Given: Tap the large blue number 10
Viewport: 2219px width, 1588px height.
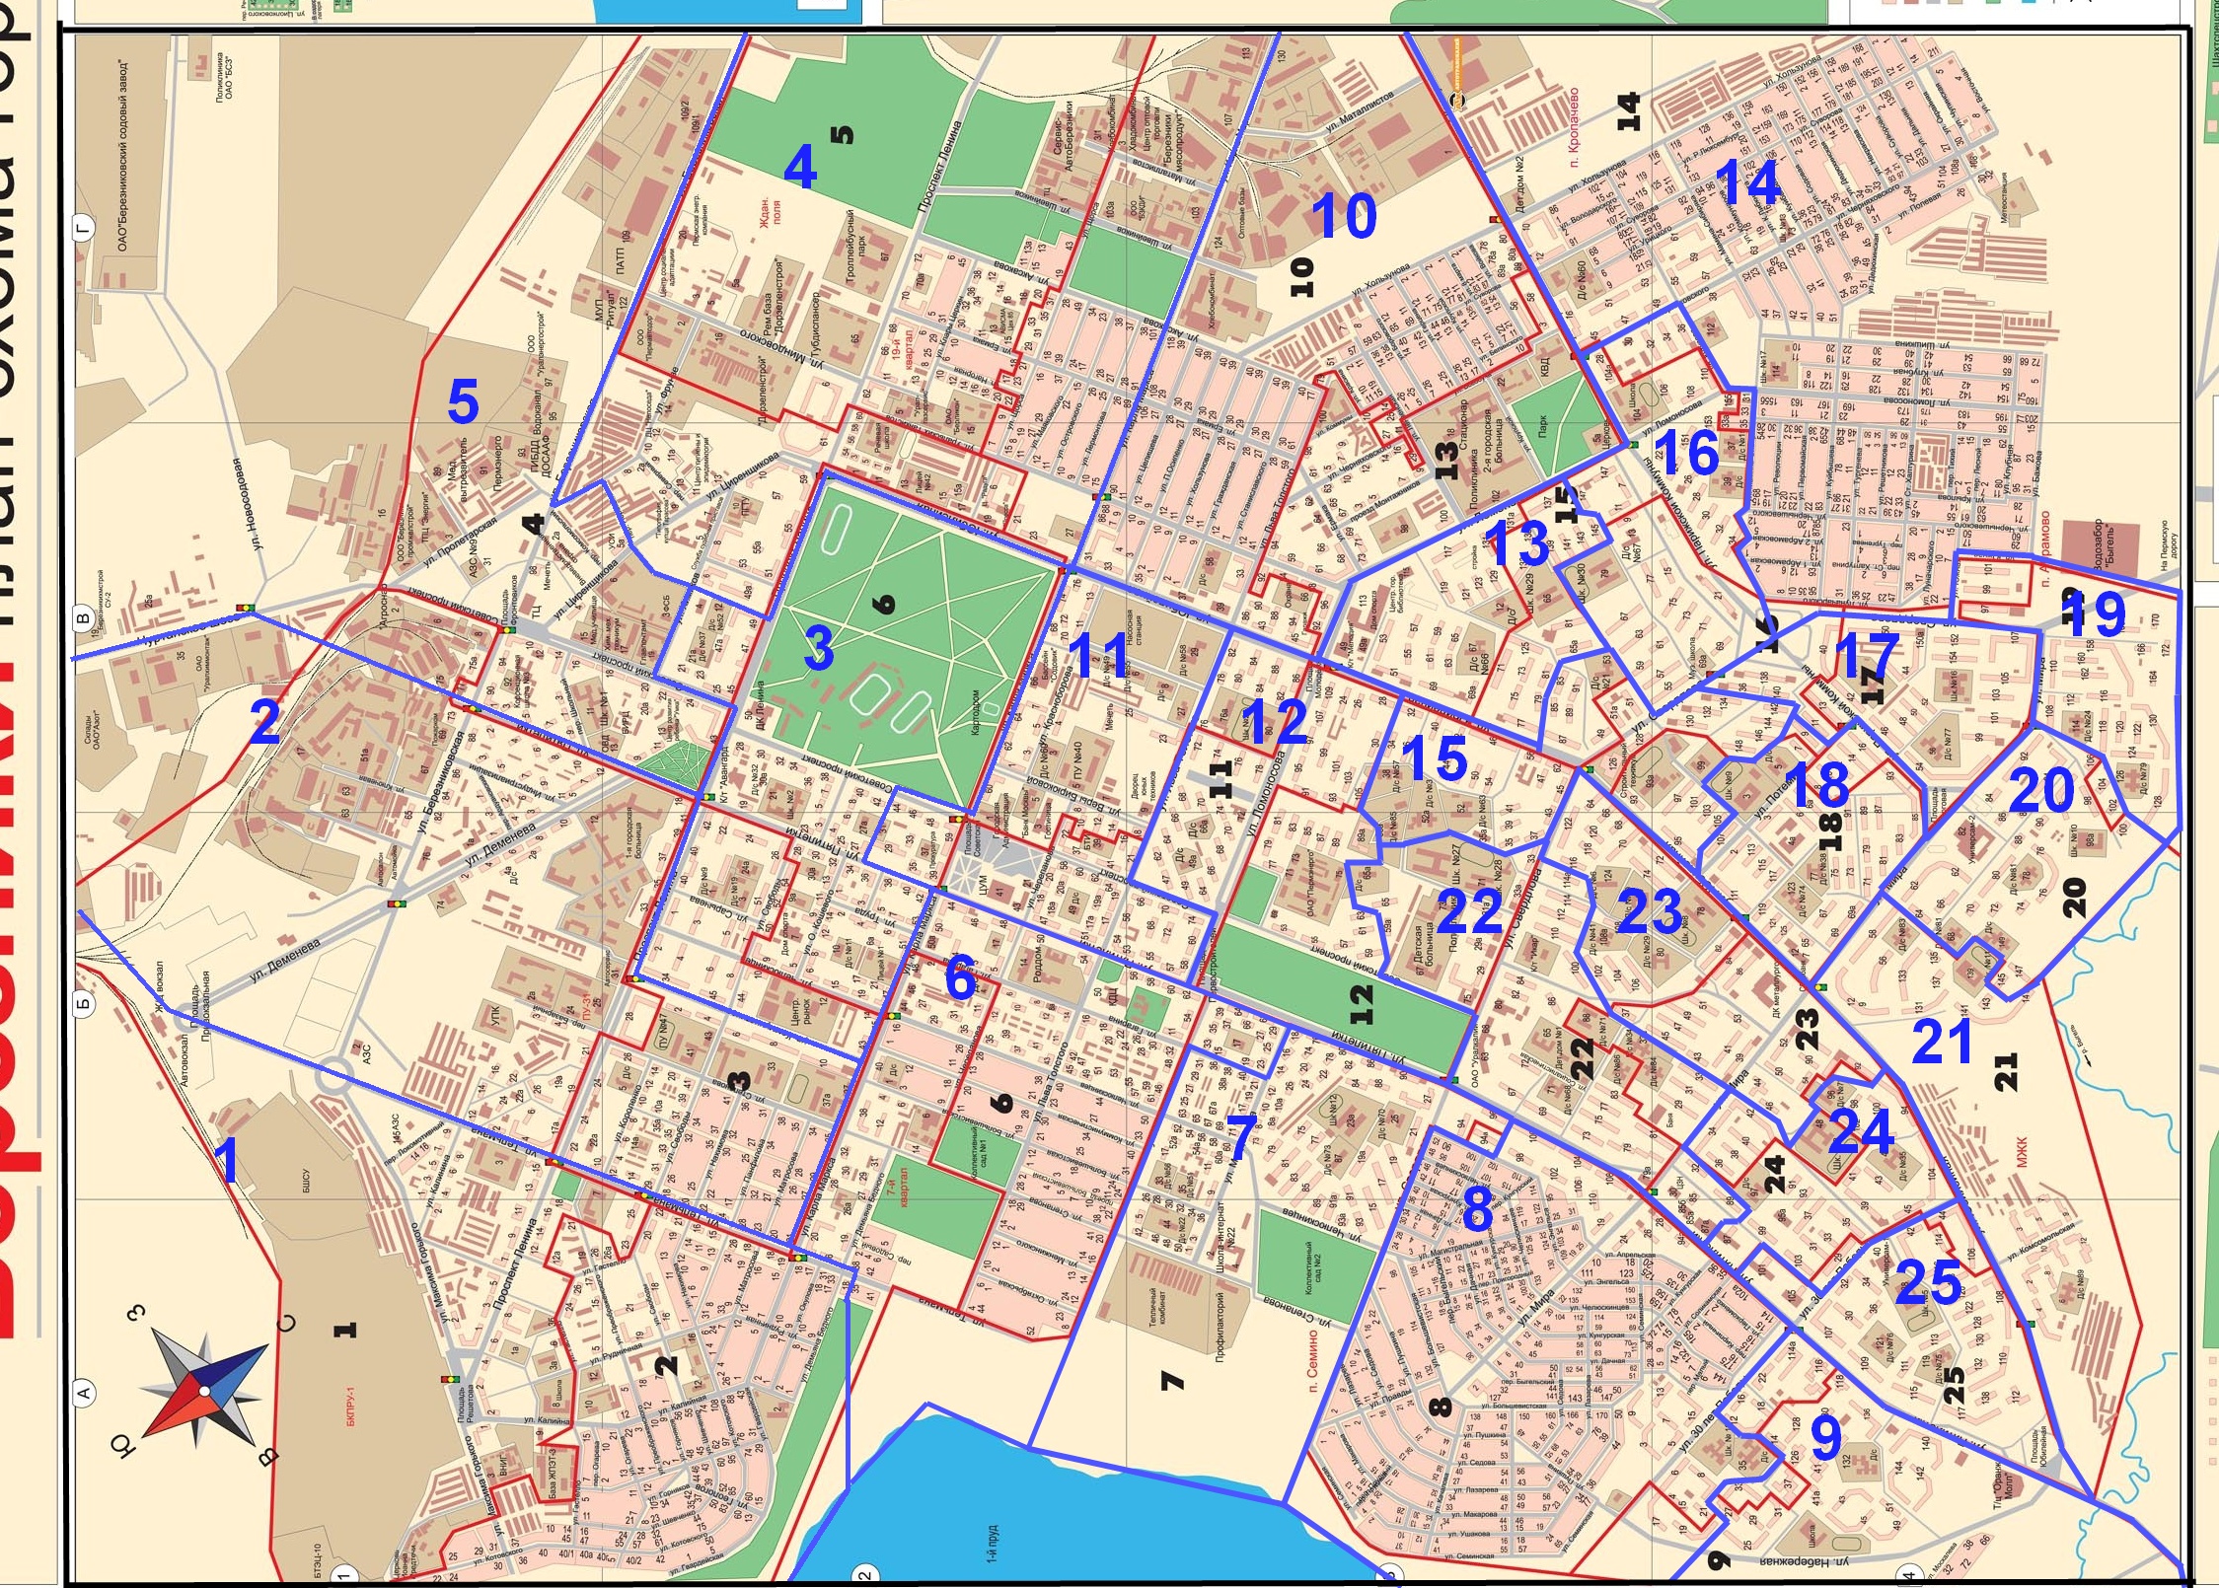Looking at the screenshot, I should click(x=1343, y=215).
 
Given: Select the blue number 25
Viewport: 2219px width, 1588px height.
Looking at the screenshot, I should click(x=1928, y=1281).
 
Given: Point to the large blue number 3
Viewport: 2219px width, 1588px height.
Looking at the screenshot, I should click(x=818, y=648).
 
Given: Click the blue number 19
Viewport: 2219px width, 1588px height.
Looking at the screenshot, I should click(x=2093, y=614).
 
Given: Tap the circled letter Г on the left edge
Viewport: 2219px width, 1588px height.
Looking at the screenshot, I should click(x=85, y=229).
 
